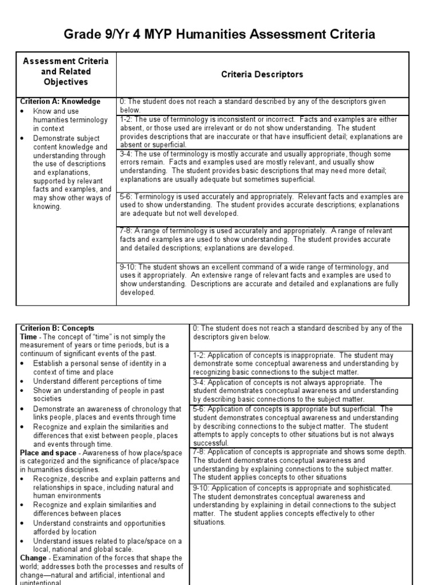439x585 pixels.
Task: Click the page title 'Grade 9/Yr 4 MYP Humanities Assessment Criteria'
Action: [x=219, y=35]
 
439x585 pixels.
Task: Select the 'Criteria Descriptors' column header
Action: [x=262, y=74]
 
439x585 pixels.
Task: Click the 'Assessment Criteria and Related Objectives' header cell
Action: [x=66, y=71]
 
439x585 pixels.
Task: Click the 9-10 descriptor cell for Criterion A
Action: [x=262, y=279]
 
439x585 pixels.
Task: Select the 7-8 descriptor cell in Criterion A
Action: [x=262, y=239]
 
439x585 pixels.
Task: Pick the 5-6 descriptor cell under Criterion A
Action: [x=262, y=205]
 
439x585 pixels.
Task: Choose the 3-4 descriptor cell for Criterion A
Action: [x=262, y=166]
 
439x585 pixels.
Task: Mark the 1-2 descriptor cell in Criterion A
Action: [x=262, y=132]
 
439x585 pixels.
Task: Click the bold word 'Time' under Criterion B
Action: [x=29, y=336]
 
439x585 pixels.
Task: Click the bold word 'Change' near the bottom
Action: [x=33, y=557]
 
